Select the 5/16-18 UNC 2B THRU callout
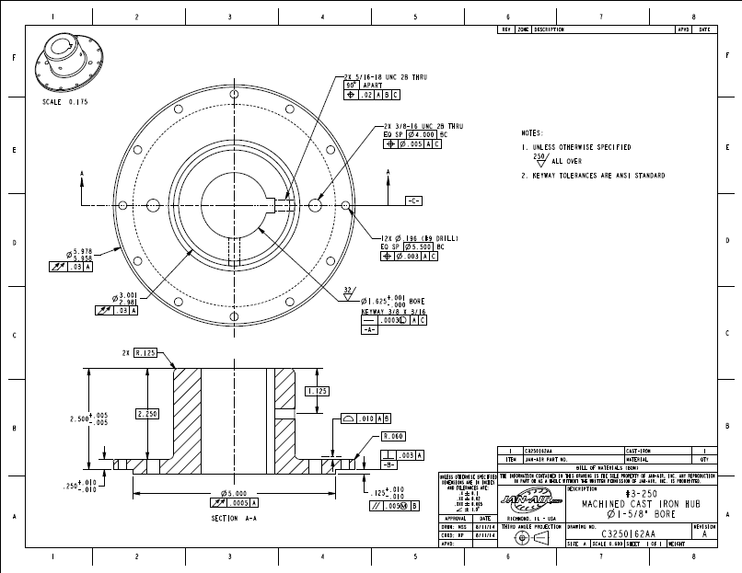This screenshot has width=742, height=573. click(x=388, y=78)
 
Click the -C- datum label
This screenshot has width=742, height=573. click(x=414, y=200)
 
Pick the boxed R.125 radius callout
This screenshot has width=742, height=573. click(x=145, y=353)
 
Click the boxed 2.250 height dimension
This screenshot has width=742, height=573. click(x=147, y=415)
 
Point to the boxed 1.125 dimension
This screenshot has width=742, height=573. click(x=317, y=391)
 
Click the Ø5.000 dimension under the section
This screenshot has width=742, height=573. click(x=231, y=493)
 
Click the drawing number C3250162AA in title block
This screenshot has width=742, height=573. click(x=629, y=533)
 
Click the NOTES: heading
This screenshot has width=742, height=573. click(x=531, y=133)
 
